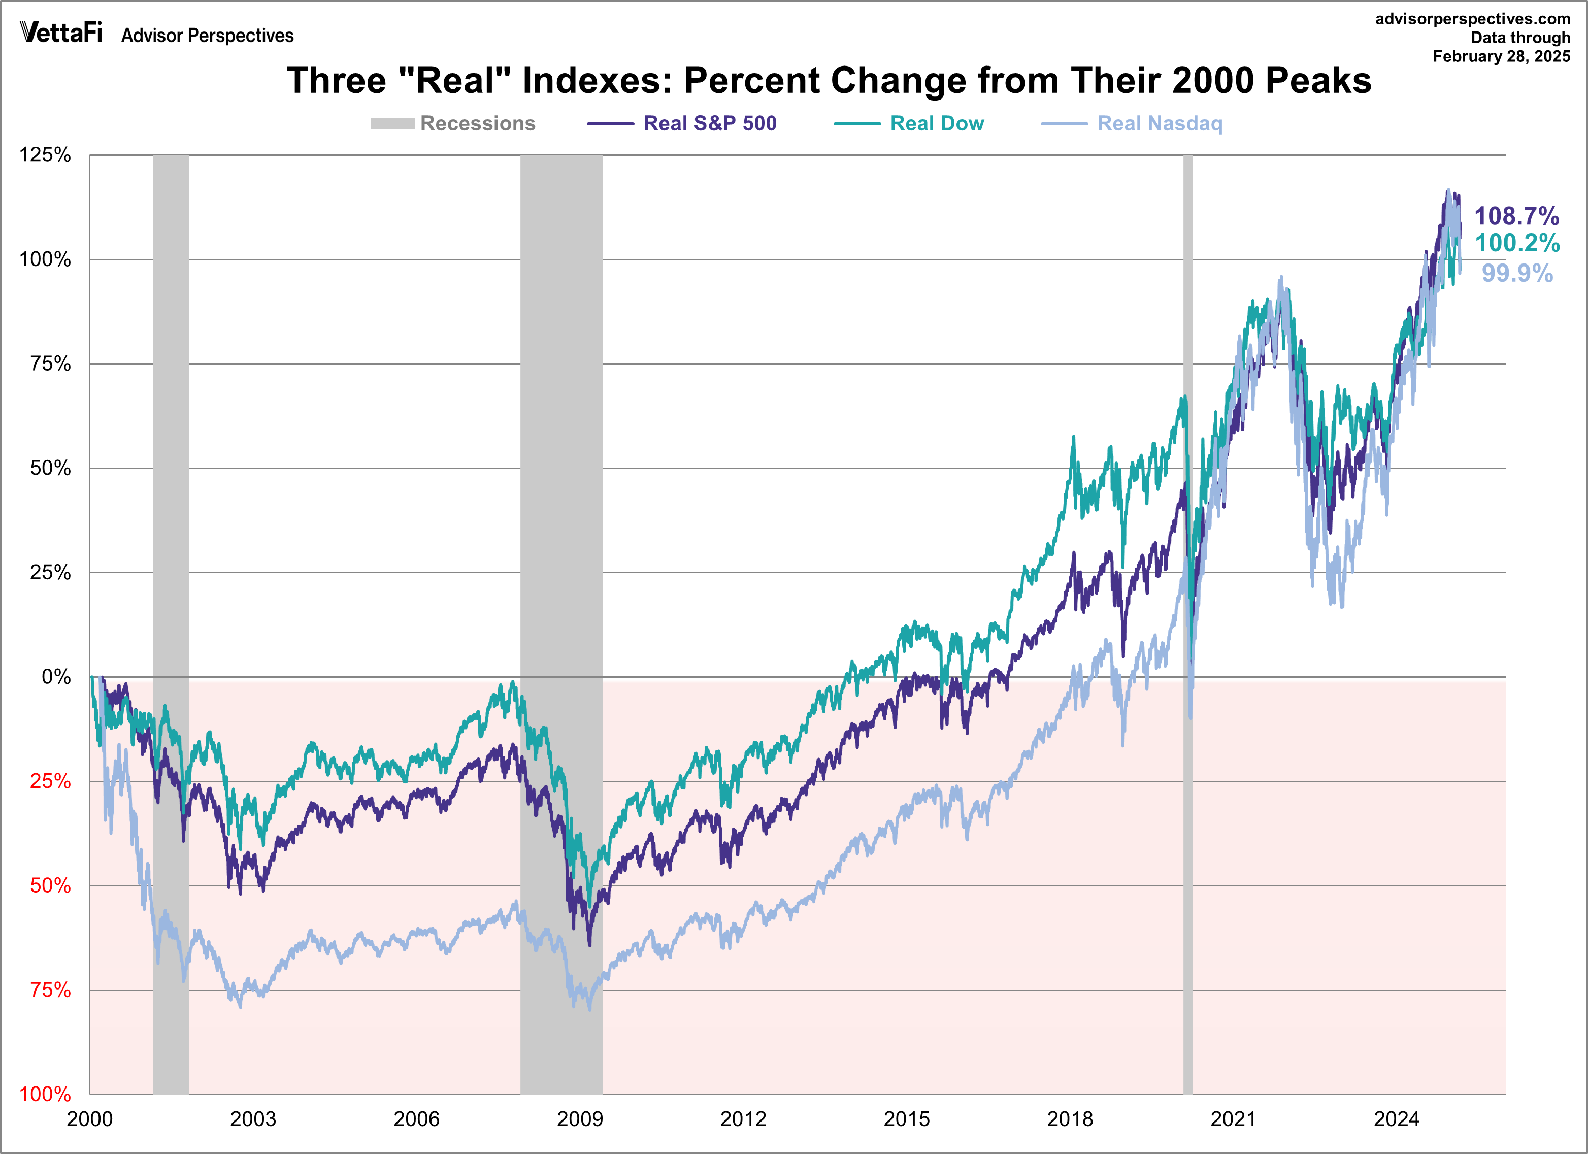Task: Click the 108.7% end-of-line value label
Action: [1516, 216]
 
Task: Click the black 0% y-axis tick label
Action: [56, 676]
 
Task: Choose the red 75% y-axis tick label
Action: [50, 990]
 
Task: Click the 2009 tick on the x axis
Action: [580, 1119]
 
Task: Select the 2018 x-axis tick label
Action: [1070, 1119]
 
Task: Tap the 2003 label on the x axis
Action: [253, 1119]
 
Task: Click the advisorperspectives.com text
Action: [1472, 19]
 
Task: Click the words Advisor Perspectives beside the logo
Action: [207, 36]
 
